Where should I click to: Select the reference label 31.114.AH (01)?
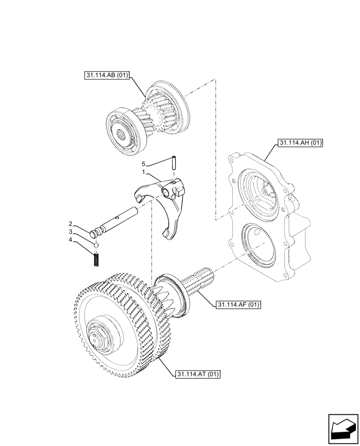tap(300, 143)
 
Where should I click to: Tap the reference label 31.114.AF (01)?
tap(238, 305)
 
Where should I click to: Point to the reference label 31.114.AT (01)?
tap(198, 374)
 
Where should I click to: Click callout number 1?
tap(143, 172)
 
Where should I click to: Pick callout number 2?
tap(70, 223)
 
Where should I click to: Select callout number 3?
tap(70, 232)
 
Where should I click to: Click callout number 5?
tap(143, 164)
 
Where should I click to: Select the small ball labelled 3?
tap(96, 244)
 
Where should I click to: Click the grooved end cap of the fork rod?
tap(95, 233)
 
